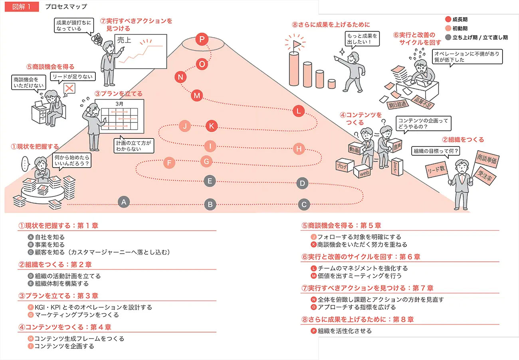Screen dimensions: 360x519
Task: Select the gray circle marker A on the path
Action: click(124, 202)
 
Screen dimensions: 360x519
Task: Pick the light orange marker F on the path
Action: click(169, 163)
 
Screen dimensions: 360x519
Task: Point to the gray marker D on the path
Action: click(303, 184)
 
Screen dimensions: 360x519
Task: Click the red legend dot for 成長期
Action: click(448, 19)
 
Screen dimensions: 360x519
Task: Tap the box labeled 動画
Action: click(355, 149)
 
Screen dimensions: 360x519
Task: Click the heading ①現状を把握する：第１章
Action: click(58, 225)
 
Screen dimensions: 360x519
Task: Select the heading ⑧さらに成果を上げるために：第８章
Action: click(358, 319)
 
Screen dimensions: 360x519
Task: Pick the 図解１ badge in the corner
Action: click(22, 6)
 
